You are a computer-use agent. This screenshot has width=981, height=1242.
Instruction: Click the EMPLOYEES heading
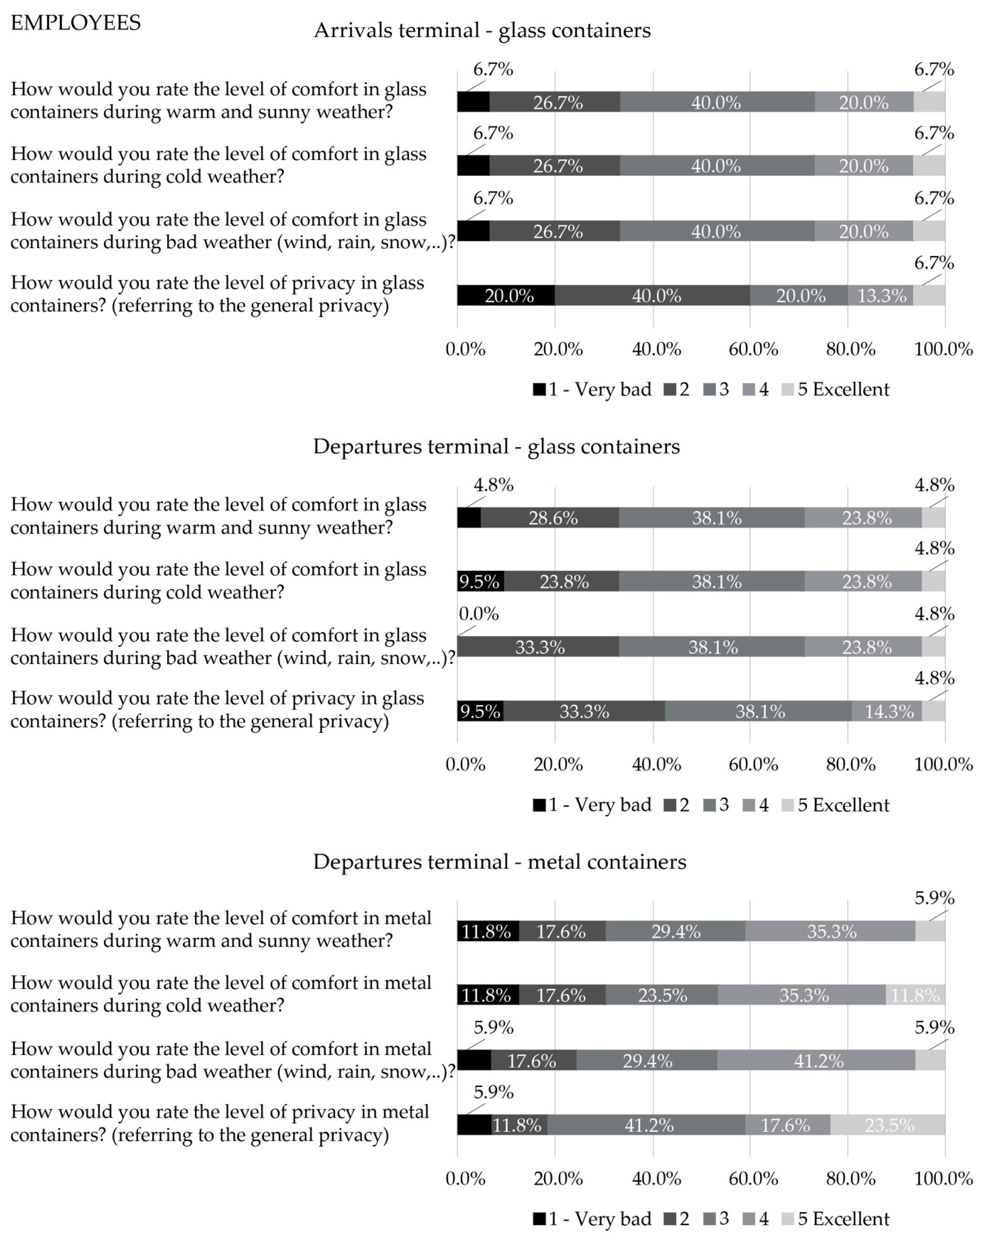pos(76,23)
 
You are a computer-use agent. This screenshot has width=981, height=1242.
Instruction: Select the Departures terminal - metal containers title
pos(499,862)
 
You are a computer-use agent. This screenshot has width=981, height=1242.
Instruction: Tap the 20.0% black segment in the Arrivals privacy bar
pos(506,295)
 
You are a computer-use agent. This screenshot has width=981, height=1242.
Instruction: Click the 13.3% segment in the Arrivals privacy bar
pos(880,295)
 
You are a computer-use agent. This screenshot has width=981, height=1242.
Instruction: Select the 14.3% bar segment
pos(887,711)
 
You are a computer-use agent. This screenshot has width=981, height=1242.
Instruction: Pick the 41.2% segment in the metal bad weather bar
pos(817,1061)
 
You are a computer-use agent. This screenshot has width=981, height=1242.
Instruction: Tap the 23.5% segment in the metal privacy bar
pos(887,1125)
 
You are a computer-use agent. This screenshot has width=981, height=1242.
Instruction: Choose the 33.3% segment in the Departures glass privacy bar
pos(584,711)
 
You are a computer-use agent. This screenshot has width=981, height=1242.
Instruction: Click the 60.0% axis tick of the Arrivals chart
pos(753,349)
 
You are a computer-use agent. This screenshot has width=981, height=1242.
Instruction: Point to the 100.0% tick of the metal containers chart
pos(943,1179)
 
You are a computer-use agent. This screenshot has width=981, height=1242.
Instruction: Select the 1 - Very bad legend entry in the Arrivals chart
pos(592,390)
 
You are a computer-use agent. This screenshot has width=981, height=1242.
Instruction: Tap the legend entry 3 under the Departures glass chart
pos(716,805)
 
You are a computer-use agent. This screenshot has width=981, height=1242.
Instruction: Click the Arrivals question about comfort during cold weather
pos(218,165)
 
